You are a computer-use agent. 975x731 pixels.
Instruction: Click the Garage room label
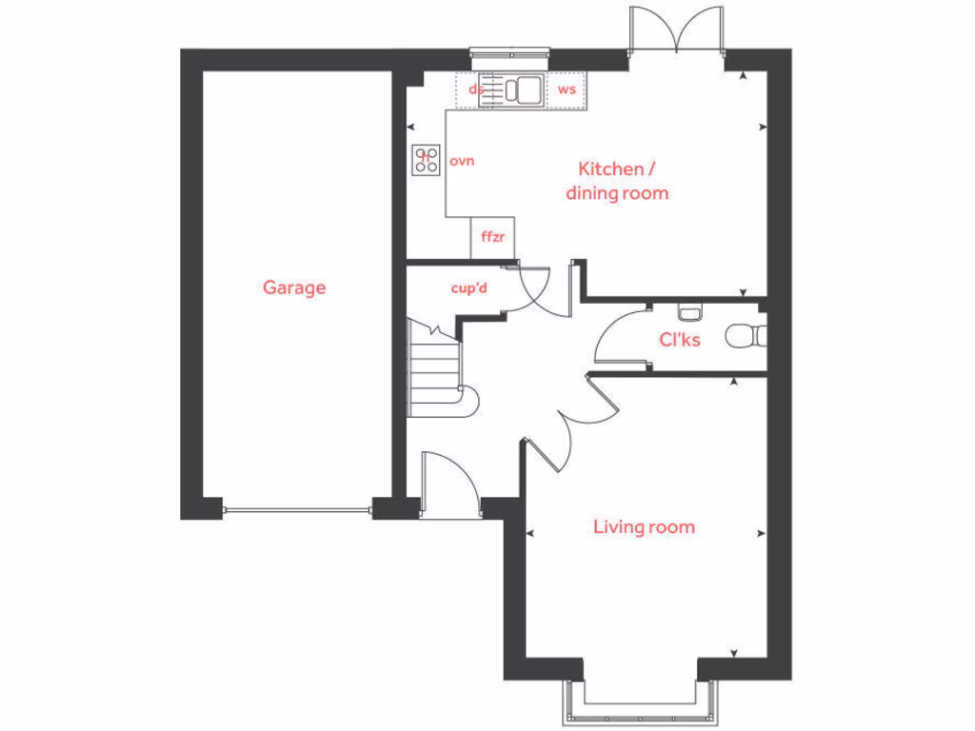(294, 286)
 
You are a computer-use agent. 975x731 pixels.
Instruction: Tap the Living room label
(644, 526)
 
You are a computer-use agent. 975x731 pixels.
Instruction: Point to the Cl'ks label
(680, 338)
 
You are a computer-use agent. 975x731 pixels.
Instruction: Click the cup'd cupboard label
(468, 287)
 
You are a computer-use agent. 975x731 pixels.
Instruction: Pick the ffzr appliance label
(492, 237)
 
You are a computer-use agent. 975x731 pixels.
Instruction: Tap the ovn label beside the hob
(462, 161)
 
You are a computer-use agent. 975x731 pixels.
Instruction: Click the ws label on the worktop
(567, 89)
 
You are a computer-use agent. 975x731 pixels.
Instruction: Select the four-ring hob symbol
(427, 159)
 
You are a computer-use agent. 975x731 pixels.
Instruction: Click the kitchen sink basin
(523, 89)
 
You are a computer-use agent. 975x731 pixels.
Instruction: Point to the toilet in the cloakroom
(744, 336)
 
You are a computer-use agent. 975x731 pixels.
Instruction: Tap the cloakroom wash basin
(689, 310)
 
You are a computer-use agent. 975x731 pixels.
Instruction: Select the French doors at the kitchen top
(677, 29)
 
